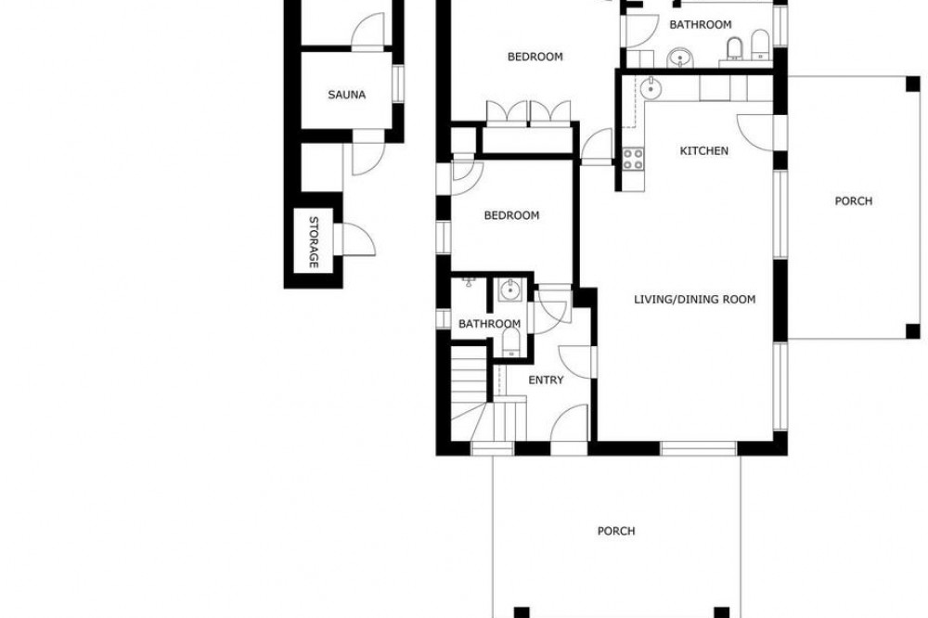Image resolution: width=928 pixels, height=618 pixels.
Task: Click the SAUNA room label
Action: pos(347,95)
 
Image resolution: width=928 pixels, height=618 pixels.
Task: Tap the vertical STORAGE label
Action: pos(314,241)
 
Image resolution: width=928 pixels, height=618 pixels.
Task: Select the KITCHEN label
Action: pos(703,151)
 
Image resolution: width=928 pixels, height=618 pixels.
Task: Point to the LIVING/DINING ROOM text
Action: pos(695,300)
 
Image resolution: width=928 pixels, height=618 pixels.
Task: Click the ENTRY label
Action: pos(546,380)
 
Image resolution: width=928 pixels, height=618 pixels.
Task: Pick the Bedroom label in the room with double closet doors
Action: pos(535,57)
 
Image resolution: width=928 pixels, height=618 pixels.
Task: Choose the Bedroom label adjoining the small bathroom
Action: pos(511,215)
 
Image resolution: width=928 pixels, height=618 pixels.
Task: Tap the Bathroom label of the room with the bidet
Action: pos(700,25)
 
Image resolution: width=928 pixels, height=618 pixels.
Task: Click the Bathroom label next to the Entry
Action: pos(489,324)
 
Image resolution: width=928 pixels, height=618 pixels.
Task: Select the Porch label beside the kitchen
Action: pos(854,201)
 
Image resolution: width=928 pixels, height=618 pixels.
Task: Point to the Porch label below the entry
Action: pos(616,531)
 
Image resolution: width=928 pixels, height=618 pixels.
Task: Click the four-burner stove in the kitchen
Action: pos(633,159)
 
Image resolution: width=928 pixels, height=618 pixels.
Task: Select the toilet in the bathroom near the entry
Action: pos(510,342)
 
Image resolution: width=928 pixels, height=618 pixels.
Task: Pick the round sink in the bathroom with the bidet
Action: pos(679,58)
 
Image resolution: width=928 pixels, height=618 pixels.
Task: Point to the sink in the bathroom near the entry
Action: pos(509,290)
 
